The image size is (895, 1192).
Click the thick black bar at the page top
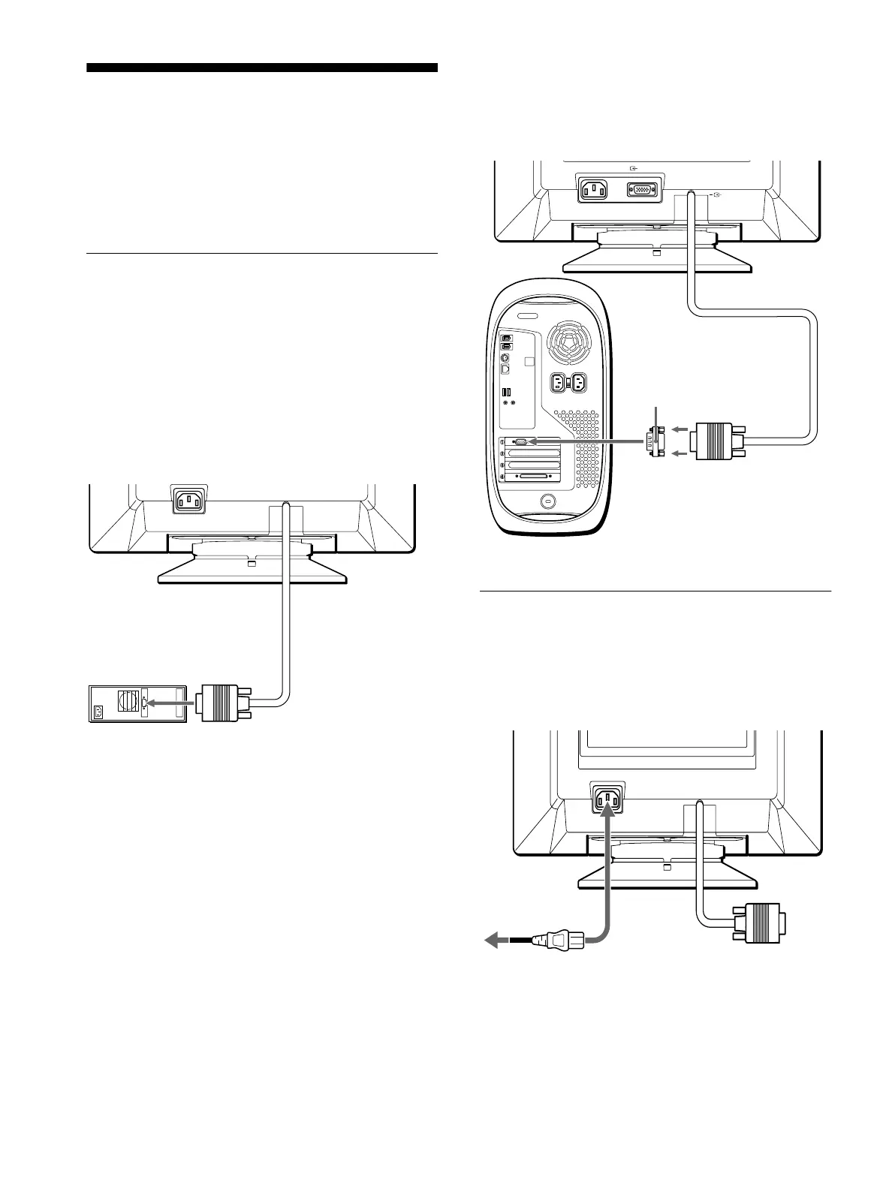tap(261, 68)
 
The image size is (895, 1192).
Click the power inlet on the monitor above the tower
tap(599, 188)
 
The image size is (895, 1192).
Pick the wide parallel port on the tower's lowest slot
tap(533, 477)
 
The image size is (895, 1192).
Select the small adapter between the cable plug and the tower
tap(654, 441)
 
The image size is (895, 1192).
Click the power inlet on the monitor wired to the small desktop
tap(189, 501)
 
